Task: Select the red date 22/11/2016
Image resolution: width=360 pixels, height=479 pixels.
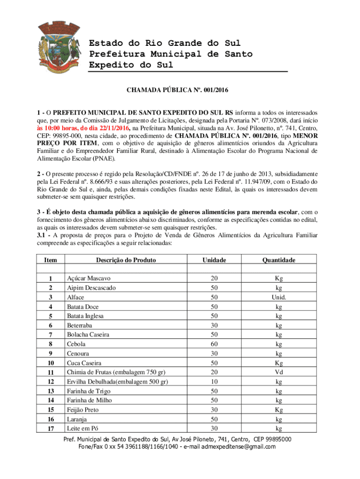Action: coord(110,128)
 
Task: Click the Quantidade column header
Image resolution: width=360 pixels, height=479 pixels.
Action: coord(278,260)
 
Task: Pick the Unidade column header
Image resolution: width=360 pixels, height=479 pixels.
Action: coord(214,260)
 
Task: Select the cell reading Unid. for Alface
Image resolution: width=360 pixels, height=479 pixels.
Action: coord(279,297)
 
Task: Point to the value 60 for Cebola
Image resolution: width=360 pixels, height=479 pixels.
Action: coord(214,344)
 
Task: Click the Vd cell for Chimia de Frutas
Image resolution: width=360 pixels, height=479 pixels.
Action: coord(279,372)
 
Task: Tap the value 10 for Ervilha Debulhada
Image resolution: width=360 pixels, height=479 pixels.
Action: coord(214,382)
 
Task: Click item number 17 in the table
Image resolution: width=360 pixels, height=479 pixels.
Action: coord(50,428)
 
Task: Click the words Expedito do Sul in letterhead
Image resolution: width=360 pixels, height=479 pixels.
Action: coord(131,65)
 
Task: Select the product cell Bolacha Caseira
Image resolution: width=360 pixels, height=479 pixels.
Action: coord(88,334)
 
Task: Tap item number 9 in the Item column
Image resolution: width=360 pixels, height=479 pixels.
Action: coord(50,354)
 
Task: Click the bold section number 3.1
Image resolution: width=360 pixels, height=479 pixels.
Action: coord(44,235)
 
